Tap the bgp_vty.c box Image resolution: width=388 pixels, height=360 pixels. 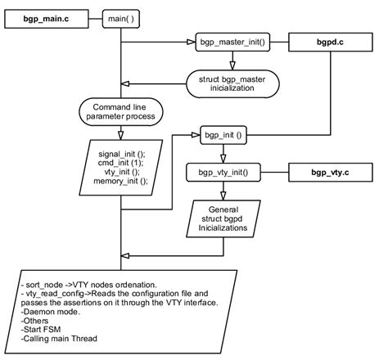(x=330, y=173)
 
